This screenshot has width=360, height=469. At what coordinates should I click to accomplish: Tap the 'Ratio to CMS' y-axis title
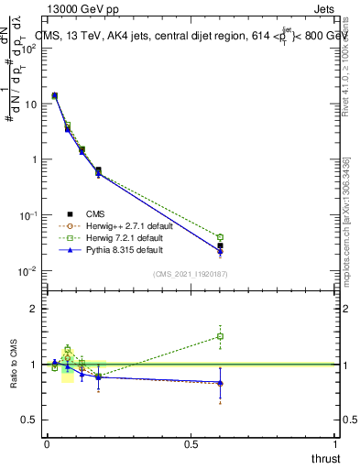(13, 365)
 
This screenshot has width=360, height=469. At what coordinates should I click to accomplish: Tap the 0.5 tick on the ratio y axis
(27, 420)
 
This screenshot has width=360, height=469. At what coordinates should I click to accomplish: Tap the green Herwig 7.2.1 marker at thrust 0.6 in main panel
(220, 237)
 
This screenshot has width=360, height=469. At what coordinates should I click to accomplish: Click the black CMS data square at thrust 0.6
(220, 246)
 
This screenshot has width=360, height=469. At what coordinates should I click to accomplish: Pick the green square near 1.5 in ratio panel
(220, 336)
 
